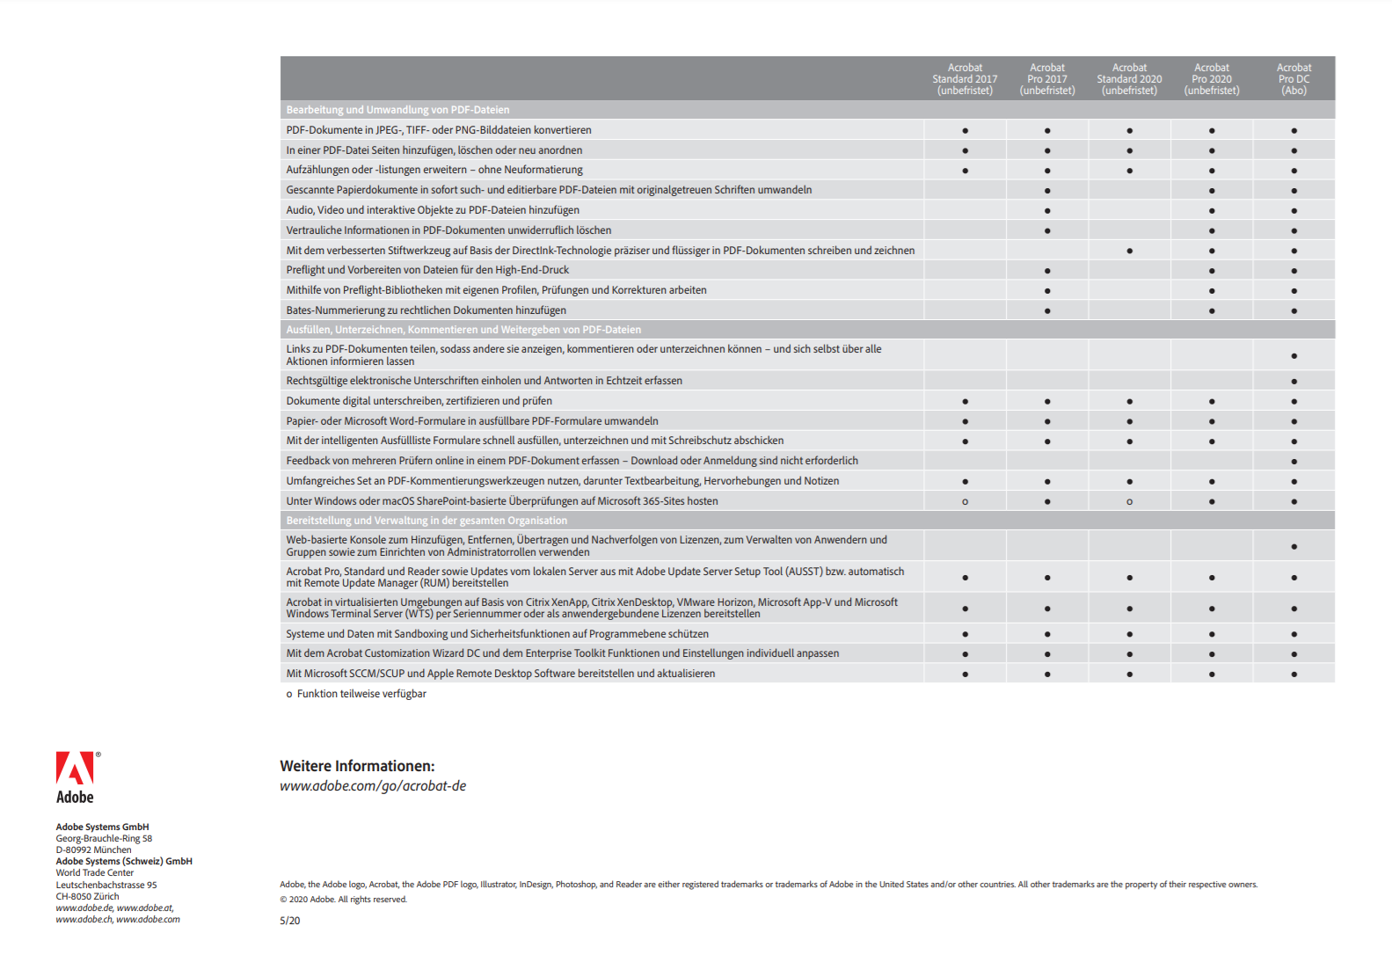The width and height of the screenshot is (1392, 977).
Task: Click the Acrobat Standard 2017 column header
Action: coord(965,79)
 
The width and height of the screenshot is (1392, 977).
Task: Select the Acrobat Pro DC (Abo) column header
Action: coord(1294,79)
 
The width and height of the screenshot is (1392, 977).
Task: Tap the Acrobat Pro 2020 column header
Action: coord(1211,79)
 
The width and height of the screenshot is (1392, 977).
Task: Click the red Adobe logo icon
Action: coord(75,768)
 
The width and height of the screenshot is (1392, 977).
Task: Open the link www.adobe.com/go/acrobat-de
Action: coord(373,786)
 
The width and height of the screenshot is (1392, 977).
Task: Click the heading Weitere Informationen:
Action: coord(357,766)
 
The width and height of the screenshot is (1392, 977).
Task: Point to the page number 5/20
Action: coord(289,921)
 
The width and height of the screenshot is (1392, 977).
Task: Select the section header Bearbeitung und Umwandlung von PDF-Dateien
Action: coord(397,110)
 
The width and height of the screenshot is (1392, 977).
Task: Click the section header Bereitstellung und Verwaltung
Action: coord(426,521)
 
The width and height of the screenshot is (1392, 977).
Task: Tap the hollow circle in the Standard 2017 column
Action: coord(965,502)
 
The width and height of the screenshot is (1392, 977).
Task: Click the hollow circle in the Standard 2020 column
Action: coord(1129,502)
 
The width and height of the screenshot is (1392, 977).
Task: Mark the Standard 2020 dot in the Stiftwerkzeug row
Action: coord(1129,252)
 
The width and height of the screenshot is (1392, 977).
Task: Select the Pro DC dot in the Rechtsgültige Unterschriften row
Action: coord(1294,382)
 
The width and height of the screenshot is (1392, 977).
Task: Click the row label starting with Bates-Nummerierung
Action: coord(426,310)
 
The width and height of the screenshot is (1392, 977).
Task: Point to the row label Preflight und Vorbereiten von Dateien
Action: coord(427,270)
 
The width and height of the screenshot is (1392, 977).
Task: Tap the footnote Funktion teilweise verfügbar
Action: coord(361,694)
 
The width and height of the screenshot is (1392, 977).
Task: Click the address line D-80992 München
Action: coord(93,850)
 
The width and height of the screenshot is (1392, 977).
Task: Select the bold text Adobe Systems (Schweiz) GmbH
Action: coord(124,862)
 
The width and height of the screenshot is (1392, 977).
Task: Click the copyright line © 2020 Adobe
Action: coord(343,900)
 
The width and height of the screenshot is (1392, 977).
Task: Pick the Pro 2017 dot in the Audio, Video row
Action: coord(1047,211)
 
